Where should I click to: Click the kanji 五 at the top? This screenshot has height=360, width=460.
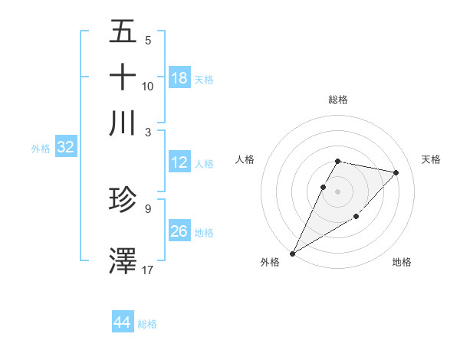pyautogui.click(x=123, y=32)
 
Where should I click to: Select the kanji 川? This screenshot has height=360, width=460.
pyautogui.click(x=123, y=123)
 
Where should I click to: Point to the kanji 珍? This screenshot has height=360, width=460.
pyautogui.click(x=123, y=200)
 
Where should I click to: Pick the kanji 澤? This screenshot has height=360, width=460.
pyautogui.click(x=123, y=260)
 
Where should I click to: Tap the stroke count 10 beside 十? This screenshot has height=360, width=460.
pyautogui.click(x=148, y=86)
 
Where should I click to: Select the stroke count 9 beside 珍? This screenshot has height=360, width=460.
pyautogui.click(x=148, y=208)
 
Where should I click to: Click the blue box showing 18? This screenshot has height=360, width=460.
pyautogui.click(x=179, y=78)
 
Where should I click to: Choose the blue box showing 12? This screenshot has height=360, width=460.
pyautogui.click(x=179, y=162)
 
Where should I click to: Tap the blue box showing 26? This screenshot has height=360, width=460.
pyautogui.click(x=179, y=231)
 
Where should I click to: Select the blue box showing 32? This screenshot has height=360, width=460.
pyautogui.click(x=65, y=148)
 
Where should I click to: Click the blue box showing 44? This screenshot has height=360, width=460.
pyautogui.click(x=122, y=322)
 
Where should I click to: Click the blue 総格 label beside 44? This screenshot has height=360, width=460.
pyautogui.click(x=147, y=324)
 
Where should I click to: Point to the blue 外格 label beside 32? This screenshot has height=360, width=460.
pyautogui.click(x=41, y=149)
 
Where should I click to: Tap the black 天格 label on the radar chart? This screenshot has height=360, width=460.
pyautogui.click(x=431, y=159)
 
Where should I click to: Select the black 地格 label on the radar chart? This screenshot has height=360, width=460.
pyautogui.click(x=402, y=262)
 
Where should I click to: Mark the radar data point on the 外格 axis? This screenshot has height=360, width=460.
pyautogui.click(x=292, y=253)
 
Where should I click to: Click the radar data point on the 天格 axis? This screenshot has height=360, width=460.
pyautogui.click(x=396, y=172)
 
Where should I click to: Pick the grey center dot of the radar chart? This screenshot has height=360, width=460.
pyautogui.click(x=338, y=191)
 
